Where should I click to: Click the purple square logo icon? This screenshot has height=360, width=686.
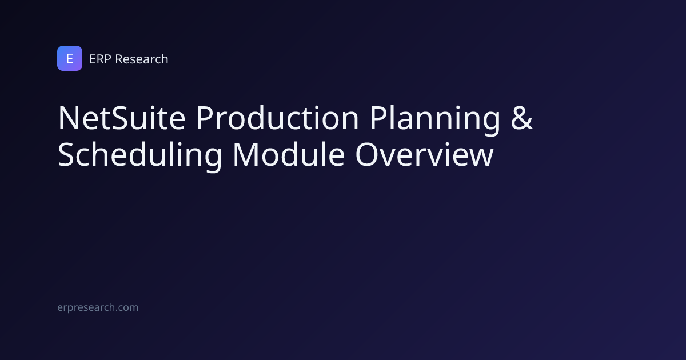(70, 58)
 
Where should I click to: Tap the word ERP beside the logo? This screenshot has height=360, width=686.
(100, 59)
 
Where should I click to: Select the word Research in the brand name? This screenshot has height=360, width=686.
(142, 59)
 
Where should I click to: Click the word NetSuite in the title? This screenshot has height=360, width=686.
(122, 118)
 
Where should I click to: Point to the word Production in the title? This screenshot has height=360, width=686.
(277, 118)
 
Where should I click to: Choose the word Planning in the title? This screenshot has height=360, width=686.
(435, 119)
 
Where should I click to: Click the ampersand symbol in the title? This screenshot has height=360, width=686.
(522, 118)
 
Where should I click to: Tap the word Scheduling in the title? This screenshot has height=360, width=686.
(139, 155)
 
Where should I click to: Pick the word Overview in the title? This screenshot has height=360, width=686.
(424, 155)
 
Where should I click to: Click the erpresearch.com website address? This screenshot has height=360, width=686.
(98, 307)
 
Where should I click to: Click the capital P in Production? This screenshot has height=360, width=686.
(205, 118)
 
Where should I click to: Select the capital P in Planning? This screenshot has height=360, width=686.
(379, 118)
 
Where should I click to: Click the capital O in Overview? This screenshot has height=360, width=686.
(368, 155)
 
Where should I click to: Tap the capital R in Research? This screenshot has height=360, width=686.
(119, 59)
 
